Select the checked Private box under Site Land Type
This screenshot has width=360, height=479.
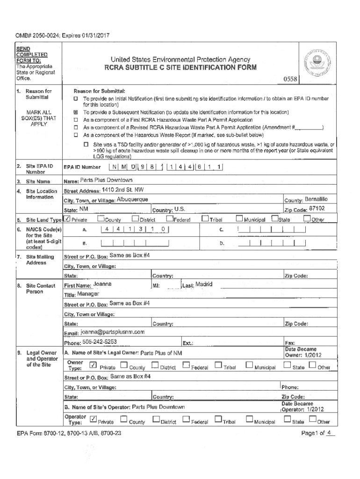click(68, 218)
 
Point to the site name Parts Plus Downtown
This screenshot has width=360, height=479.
click(106, 181)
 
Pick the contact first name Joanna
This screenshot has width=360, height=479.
click(102, 284)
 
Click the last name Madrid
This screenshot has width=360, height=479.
click(204, 284)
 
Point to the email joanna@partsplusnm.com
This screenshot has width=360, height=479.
click(113, 332)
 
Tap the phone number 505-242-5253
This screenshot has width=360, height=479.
click(100, 341)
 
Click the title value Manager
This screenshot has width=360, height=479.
click(88, 294)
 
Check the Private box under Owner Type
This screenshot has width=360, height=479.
click(93, 365)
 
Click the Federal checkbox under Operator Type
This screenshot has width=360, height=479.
click(186, 420)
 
